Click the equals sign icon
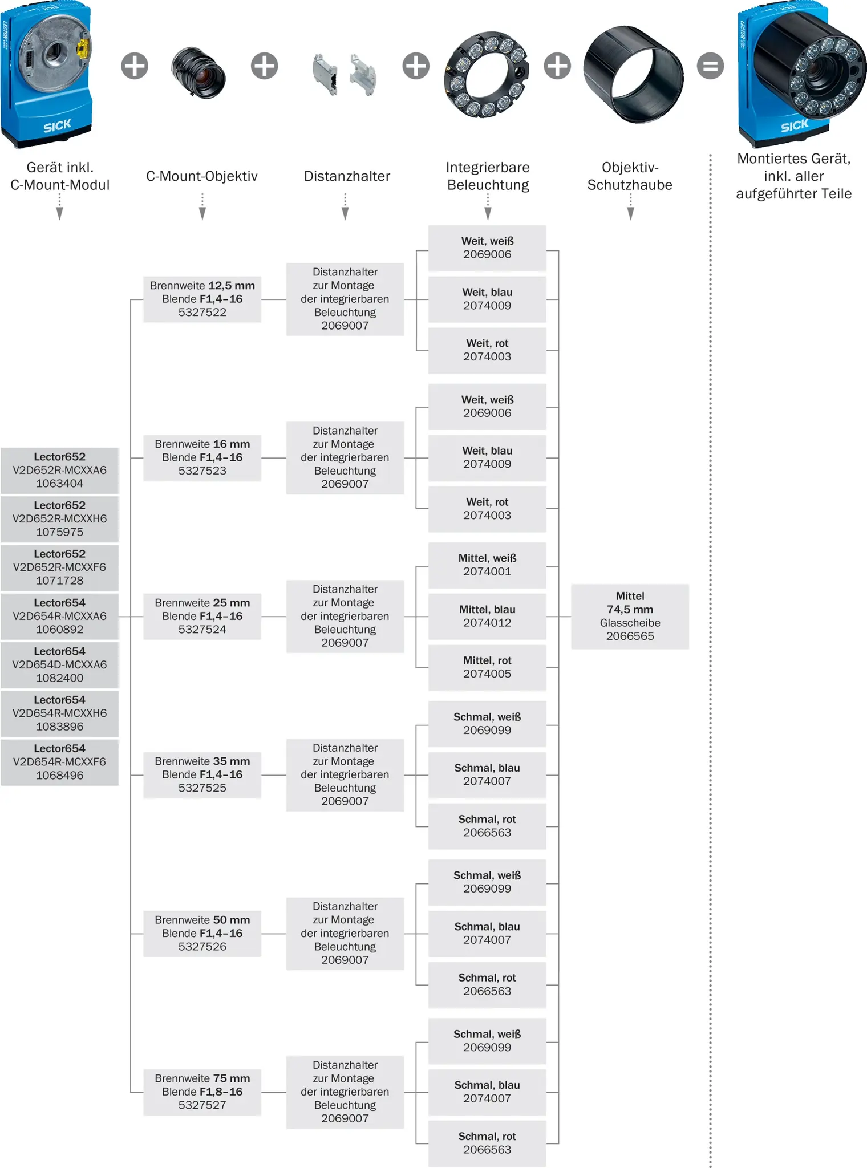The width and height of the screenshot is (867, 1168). (x=710, y=66)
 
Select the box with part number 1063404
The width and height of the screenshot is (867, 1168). (x=60, y=471)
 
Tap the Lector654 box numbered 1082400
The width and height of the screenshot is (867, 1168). (x=60, y=665)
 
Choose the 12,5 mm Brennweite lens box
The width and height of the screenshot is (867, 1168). (x=202, y=299)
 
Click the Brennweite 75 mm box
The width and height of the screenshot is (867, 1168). (x=202, y=1092)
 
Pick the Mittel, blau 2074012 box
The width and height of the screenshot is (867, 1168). (x=487, y=617)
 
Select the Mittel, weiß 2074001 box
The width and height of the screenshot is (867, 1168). (x=487, y=565)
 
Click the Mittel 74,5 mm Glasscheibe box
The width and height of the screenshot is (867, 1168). (x=630, y=617)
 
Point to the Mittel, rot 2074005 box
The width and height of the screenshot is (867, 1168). (x=487, y=667)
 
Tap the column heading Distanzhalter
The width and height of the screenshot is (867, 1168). (x=347, y=176)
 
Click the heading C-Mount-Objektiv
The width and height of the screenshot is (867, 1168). (x=202, y=176)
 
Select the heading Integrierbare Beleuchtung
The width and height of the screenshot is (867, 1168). (x=488, y=176)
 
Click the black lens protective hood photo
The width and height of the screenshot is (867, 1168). (x=633, y=74)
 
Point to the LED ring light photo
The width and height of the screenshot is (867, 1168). (x=487, y=74)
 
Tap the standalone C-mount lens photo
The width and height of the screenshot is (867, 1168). (x=198, y=72)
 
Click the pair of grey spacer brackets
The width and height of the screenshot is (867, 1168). (x=345, y=74)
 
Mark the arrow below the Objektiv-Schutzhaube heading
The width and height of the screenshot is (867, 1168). (x=630, y=206)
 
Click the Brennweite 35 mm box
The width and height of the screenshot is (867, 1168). (x=202, y=774)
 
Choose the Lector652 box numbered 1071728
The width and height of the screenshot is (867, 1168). (x=60, y=567)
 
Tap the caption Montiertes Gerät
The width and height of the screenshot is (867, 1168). (x=794, y=159)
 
